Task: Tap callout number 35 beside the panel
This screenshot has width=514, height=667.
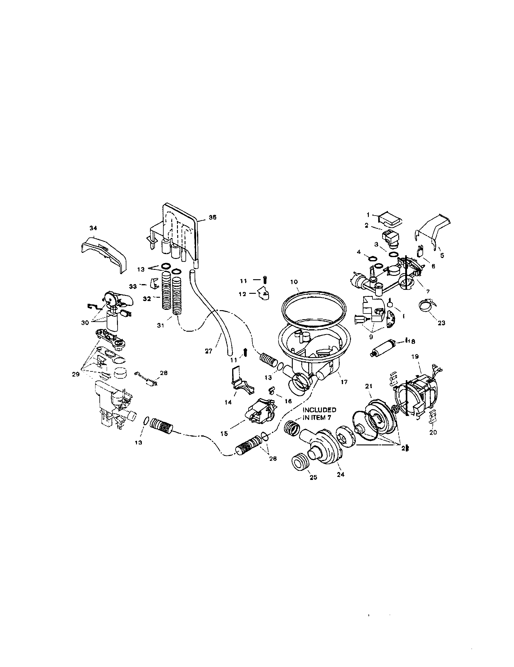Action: tap(212, 217)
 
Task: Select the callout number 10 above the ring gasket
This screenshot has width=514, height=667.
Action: tap(294, 282)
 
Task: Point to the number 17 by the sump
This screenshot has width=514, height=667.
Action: tap(344, 382)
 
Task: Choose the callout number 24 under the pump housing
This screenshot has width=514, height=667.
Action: tap(341, 474)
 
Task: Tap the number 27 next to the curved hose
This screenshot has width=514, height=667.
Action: tap(209, 351)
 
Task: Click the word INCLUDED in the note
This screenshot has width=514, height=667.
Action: tap(319, 410)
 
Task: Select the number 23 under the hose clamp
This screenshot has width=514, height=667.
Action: tap(441, 323)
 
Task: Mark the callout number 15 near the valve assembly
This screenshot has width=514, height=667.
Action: tap(224, 433)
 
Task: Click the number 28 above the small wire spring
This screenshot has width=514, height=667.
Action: tap(164, 373)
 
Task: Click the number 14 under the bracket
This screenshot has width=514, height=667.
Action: tap(228, 402)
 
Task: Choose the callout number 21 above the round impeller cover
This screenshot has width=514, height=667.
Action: tap(369, 386)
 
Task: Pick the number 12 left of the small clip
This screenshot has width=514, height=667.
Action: tap(242, 294)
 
